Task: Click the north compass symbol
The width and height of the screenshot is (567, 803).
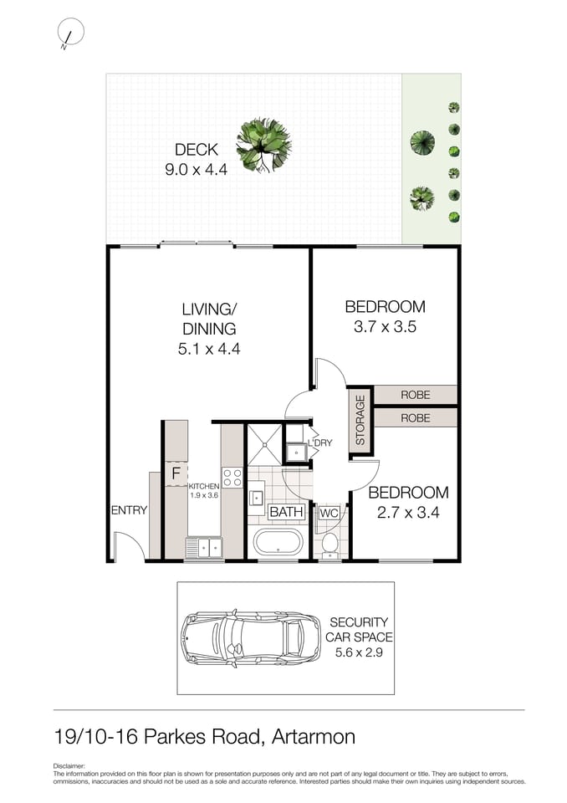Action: click(70, 33)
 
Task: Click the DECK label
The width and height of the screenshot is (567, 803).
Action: click(197, 150)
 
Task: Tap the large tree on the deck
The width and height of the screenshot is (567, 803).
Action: click(263, 144)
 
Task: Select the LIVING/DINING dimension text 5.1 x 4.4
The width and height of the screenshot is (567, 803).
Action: click(209, 350)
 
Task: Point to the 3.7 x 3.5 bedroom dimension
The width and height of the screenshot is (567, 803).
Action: click(385, 327)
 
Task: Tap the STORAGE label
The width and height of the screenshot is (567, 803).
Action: click(360, 421)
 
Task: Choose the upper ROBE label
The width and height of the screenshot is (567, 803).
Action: click(415, 395)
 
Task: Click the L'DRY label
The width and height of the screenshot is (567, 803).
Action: click(320, 442)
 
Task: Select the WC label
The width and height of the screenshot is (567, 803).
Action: click(328, 512)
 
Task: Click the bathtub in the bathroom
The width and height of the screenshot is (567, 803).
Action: click(280, 541)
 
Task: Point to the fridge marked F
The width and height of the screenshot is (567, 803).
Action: click(176, 473)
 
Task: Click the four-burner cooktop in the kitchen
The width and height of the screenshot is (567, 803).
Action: click(232, 478)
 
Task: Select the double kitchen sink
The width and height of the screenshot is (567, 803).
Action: click(203, 548)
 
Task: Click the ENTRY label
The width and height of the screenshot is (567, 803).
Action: click(129, 510)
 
